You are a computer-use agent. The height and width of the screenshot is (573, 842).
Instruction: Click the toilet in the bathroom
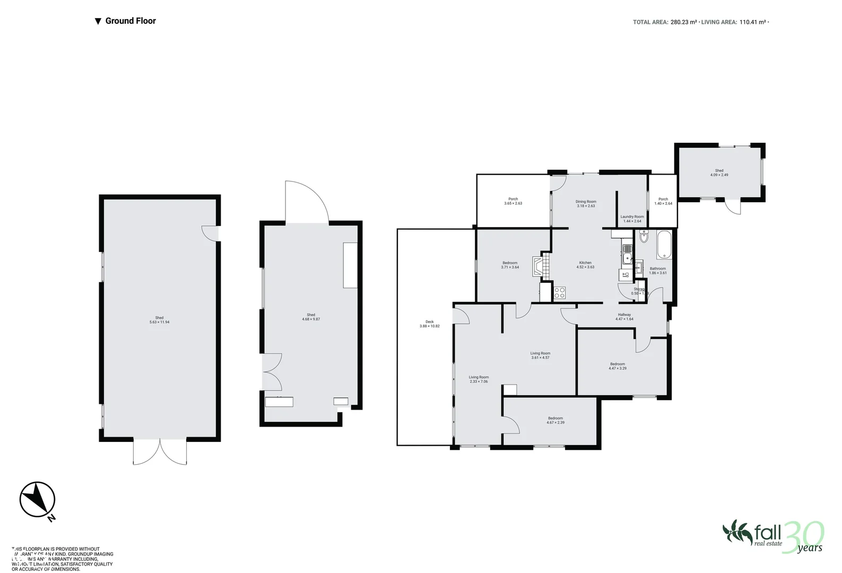pyautogui.click(x=644, y=237)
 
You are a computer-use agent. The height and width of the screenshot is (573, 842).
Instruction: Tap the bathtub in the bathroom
pyautogui.click(x=664, y=245)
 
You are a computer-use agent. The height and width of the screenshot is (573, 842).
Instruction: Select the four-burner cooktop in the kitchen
pyautogui.click(x=560, y=293)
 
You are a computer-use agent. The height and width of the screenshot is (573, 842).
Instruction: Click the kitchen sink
pyautogui.click(x=627, y=259)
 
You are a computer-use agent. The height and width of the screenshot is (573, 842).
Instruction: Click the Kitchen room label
pyautogui.click(x=585, y=265)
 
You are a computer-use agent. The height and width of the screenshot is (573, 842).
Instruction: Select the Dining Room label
pyautogui.click(x=586, y=203)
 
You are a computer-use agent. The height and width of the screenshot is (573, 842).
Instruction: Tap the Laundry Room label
pyautogui.click(x=632, y=219)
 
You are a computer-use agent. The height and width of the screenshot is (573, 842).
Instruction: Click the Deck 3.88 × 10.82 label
pyautogui.click(x=429, y=324)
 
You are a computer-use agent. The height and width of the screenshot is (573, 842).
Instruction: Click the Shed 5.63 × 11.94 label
pyautogui.click(x=160, y=320)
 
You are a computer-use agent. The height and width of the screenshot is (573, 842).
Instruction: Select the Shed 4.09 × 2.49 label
pyautogui.click(x=719, y=172)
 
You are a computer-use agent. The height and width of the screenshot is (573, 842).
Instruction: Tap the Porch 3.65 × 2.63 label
pyautogui.click(x=513, y=201)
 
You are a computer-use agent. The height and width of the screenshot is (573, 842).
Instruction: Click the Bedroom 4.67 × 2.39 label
pyautogui.click(x=555, y=420)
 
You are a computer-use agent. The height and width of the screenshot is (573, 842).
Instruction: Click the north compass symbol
pyautogui.click(x=37, y=499)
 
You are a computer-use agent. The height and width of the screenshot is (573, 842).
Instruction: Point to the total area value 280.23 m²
pyautogui.click(x=683, y=22)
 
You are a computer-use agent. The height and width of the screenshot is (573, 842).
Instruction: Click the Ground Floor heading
pyautogui.click(x=131, y=21)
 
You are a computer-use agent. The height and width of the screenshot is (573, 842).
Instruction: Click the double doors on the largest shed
pyautogui.click(x=160, y=452)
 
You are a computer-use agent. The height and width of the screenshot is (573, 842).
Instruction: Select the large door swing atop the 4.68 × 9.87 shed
pyautogui.click(x=307, y=202)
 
